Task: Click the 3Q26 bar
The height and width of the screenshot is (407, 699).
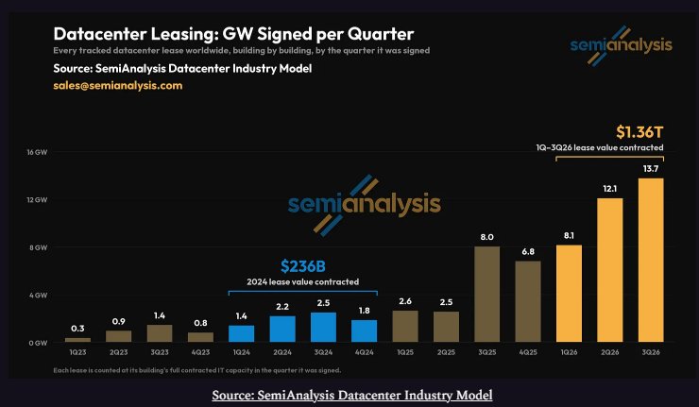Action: tap(651, 260)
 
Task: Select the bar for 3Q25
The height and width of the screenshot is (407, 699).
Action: tap(486, 295)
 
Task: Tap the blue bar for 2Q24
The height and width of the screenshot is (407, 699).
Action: tap(282, 329)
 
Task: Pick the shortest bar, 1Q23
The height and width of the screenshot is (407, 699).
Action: tap(77, 340)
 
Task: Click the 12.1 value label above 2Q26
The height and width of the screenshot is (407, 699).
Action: tap(609, 189)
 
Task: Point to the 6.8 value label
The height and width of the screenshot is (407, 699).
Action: tap(528, 252)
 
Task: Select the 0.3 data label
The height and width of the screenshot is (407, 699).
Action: tap(77, 329)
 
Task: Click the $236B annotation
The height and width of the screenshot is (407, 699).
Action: tap(303, 266)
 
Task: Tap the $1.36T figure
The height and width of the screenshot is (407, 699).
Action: tap(639, 132)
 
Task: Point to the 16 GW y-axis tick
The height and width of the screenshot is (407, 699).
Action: tap(37, 152)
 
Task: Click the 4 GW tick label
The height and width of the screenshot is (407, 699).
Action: tap(39, 296)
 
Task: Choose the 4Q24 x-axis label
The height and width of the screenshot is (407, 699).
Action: tap(365, 352)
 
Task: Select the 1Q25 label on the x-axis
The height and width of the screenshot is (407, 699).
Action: tap(405, 352)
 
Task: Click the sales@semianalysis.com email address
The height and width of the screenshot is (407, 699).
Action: tap(118, 86)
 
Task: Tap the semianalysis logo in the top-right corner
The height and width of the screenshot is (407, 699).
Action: tap(621, 45)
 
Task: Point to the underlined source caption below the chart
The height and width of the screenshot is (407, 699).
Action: tap(352, 396)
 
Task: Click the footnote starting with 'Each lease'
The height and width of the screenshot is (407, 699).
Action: tap(197, 370)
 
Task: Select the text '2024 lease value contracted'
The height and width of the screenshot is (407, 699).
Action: tap(302, 281)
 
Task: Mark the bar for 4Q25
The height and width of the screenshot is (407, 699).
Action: tap(528, 301)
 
